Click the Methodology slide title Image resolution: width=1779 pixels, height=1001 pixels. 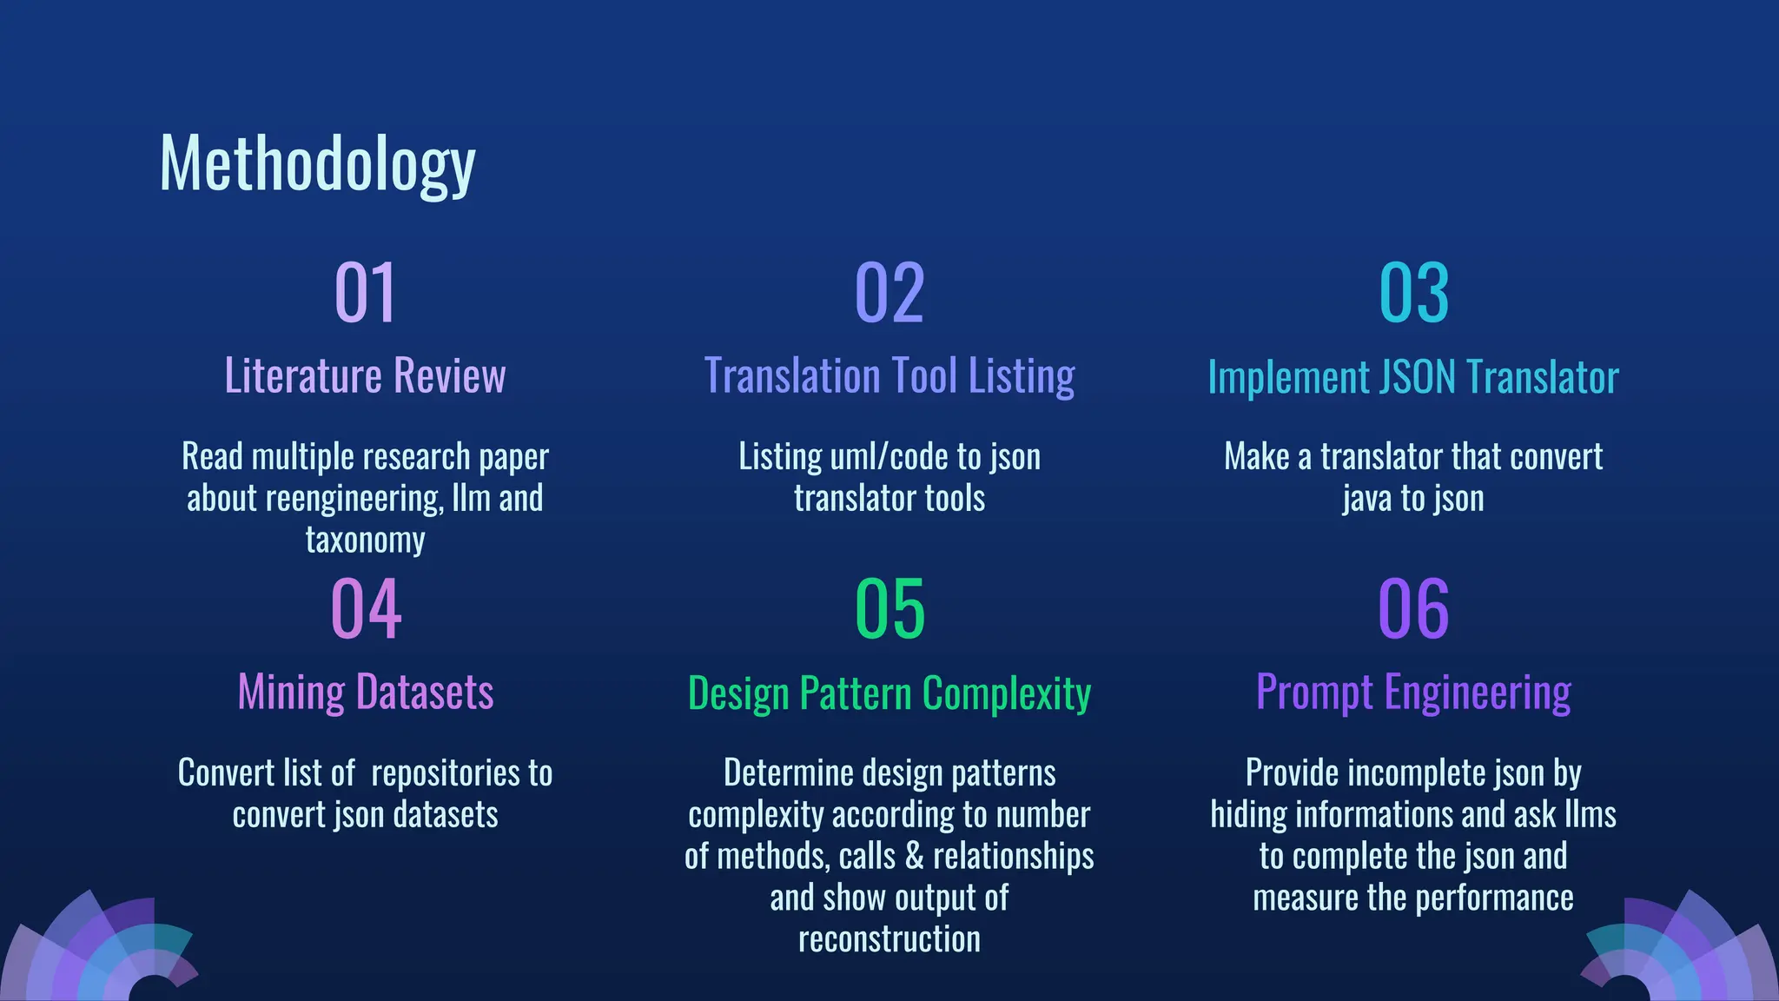(x=317, y=165)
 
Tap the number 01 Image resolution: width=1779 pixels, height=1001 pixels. (x=365, y=294)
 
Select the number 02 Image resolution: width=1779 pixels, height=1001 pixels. (x=889, y=294)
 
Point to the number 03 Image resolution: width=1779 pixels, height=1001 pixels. (x=1413, y=294)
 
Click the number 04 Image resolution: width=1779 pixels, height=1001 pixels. (x=365, y=609)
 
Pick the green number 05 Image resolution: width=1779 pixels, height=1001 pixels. (x=889, y=609)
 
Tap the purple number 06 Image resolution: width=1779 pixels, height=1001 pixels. (x=1413, y=609)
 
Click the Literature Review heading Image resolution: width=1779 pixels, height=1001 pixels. (x=365, y=376)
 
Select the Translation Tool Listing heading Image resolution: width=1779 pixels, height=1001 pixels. (x=889, y=376)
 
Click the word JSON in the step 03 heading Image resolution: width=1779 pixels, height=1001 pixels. (x=1418, y=378)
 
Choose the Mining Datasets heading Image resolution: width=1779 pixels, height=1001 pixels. (x=365, y=693)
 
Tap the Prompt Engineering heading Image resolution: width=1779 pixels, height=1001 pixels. (x=1413, y=693)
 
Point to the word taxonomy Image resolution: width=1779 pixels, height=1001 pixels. (x=365, y=540)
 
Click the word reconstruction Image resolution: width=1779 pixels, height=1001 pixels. (x=889, y=939)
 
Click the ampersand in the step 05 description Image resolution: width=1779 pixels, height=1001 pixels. (x=914, y=856)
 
